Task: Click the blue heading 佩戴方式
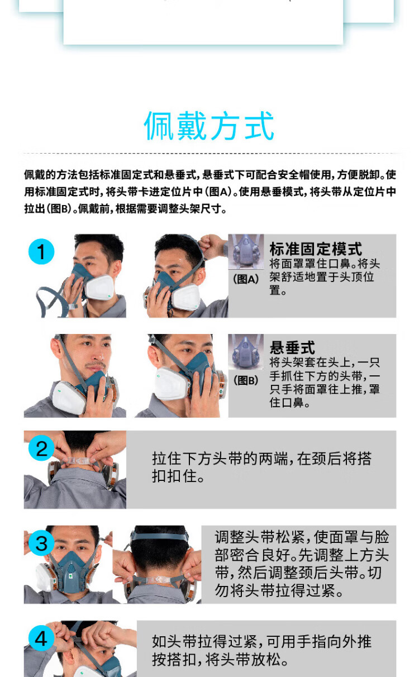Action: pyautogui.click(x=209, y=126)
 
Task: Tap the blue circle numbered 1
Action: pyautogui.click(x=41, y=251)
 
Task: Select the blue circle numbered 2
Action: pyautogui.click(x=41, y=448)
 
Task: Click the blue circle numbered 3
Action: pyautogui.click(x=41, y=543)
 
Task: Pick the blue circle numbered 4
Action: pyautogui.click(x=41, y=638)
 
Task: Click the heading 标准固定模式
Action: pyautogui.click(x=316, y=249)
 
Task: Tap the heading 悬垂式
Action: pyautogui.click(x=292, y=347)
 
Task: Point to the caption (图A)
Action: pyautogui.click(x=246, y=279)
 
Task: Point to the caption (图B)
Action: pyautogui.click(x=246, y=380)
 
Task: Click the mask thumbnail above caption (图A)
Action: pyautogui.click(x=246, y=251)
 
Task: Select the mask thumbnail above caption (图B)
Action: pyautogui.click(x=246, y=352)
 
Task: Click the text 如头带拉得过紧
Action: pyautogui.click(x=204, y=641)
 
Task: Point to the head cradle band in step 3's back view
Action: pyautogui.click(x=160, y=536)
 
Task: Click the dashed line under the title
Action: pyautogui.click(x=212, y=154)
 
